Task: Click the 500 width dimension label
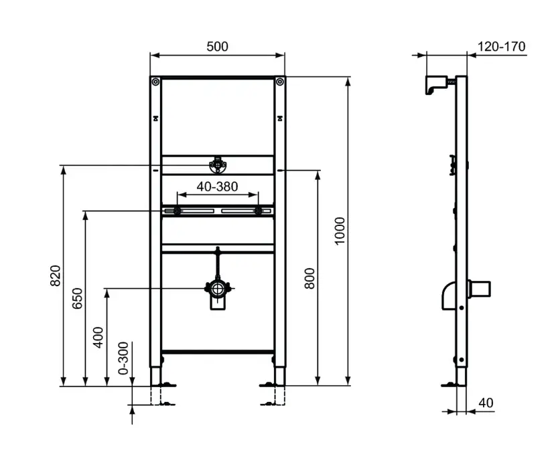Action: pyautogui.click(x=217, y=46)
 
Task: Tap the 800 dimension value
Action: pyautogui.click(x=309, y=277)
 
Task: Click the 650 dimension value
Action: pyautogui.click(x=77, y=298)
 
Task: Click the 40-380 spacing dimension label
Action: pyautogui.click(x=217, y=187)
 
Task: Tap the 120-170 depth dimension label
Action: pyautogui.click(x=502, y=46)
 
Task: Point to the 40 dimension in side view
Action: pyautogui.click(x=486, y=403)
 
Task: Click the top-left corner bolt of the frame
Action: pyautogui.click(x=155, y=82)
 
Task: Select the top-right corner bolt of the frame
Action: pyautogui.click(x=279, y=82)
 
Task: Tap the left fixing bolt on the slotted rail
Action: pyautogui.click(x=177, y=212)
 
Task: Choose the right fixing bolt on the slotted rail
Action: pyautogui.click(x=258, y=212)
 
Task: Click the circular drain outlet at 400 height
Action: pyautogui.click(x=217, y=290)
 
